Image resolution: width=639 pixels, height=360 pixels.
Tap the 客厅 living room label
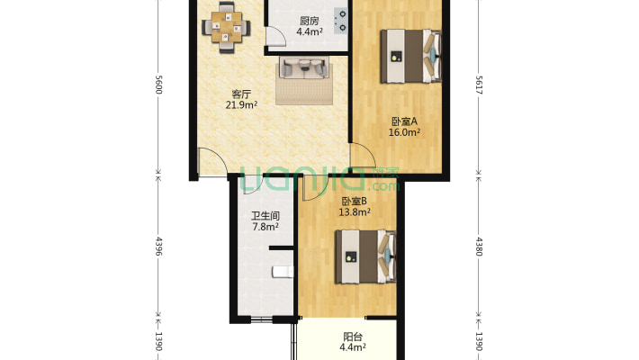[241, 94]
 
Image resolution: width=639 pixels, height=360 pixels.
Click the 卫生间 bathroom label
[265, 216]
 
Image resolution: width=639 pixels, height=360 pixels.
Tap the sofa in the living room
[303, 68]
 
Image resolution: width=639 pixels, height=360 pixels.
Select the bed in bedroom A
[410, 56]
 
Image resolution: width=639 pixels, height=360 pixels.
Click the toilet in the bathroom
[281, 270]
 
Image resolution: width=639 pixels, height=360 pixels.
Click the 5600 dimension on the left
[158, 85]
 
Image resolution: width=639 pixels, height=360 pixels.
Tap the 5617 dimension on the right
[478, 85]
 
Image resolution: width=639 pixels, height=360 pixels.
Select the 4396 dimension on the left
[158, 245]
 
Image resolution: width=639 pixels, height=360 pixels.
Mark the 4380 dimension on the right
[478, 245]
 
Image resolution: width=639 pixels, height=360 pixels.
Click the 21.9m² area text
[241, 104]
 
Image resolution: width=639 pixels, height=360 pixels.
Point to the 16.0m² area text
[405, 132]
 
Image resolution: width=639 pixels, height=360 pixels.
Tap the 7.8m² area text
[265, 227]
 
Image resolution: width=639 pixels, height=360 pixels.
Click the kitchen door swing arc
[279, 36]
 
